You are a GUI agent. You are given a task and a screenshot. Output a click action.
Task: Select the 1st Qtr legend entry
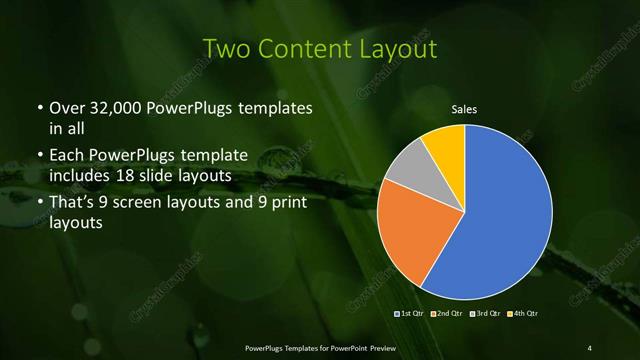pyautogui.click(x=411, y=314)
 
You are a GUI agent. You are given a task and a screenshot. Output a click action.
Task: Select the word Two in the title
pyautogui.click(x=222, y=48)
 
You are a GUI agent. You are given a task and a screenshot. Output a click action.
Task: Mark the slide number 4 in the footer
pyautogui.click(x=590, y=347)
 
